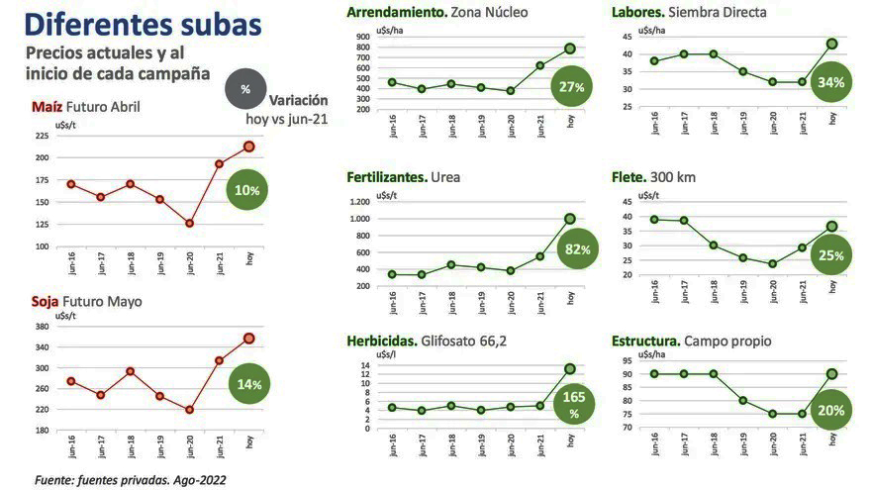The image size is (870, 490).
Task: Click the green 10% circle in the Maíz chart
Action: (246, 189)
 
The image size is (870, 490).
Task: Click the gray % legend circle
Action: (244, 89)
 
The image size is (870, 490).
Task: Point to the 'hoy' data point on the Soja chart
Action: (249, 339)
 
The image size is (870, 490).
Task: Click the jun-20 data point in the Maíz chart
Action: (189, 224)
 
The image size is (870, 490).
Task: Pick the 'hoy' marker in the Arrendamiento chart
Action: (570, 49)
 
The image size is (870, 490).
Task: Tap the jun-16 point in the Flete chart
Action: (653, 220)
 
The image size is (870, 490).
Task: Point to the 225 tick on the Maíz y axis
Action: (41, 136)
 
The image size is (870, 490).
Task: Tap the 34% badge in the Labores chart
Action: (831, 82)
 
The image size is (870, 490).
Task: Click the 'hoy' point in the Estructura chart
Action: (832, 374)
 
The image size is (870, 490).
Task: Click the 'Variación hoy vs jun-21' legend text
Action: (287, 109)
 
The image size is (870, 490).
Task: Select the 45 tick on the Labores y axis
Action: (627, 37)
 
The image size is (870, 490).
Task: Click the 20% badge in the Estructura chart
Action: (830, 410)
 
